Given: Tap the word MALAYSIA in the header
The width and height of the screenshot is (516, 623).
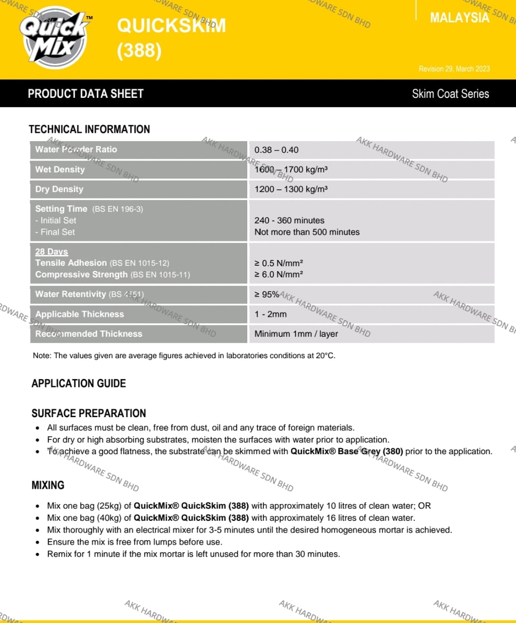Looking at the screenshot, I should click(460, 18).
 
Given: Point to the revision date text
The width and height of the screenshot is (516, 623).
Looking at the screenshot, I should click(454, 69).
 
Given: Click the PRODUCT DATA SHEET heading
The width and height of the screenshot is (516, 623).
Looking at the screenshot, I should click(86, 94).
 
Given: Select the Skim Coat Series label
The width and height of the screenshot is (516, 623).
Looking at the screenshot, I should click(450, 94).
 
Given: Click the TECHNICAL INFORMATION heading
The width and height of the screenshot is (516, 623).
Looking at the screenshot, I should click(90, 129).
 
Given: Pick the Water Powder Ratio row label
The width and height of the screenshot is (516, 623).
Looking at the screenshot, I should click(76, 149).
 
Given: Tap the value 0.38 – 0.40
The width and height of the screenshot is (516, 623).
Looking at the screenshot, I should click(276, 150).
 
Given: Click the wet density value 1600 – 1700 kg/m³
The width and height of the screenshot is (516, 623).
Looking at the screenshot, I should click(291, 169).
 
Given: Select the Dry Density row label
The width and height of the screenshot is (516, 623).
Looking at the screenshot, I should click(59, 189).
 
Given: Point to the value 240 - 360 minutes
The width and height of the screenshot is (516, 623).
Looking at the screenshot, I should click(289, 220).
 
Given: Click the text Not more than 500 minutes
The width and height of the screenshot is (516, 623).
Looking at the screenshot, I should click(307, 232).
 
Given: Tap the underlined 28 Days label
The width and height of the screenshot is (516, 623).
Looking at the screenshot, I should click(52, 252).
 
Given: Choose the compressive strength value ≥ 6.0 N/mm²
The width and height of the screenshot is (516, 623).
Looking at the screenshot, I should click(278, 275).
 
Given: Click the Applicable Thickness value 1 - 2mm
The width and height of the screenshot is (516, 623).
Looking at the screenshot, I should click(271, 314).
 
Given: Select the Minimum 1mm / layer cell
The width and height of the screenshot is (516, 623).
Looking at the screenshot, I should click(296, 334).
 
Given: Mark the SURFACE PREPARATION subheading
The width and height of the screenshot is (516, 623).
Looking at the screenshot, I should click(89, 413).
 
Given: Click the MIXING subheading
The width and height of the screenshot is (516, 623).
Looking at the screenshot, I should click(48, 485).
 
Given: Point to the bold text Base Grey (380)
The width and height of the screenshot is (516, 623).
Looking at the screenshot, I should click(370, 451).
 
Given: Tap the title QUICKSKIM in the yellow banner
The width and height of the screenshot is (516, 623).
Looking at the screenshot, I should click(171, 25).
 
